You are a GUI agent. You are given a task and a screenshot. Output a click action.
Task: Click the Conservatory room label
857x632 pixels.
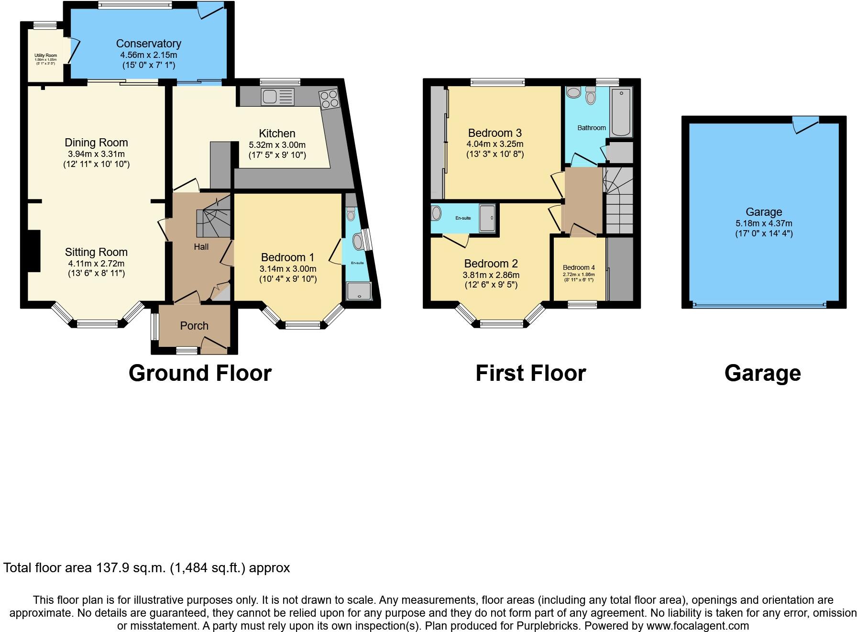148,44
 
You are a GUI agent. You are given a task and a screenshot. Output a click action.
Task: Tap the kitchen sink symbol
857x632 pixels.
277,97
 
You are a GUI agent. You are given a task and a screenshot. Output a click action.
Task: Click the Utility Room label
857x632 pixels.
45,56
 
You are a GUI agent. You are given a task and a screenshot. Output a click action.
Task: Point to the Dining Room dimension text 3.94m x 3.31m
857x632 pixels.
96,154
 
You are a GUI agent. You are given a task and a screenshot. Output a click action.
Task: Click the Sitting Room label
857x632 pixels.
96,252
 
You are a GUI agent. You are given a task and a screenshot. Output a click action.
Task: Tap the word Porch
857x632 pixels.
194,326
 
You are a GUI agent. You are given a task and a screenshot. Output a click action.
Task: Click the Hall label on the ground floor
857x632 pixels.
201,247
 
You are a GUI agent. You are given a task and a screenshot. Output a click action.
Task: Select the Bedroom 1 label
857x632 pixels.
287,257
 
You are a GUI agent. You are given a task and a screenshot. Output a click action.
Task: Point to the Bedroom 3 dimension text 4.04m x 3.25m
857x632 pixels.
494,144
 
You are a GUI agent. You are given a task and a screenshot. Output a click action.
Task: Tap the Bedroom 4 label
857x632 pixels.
579,267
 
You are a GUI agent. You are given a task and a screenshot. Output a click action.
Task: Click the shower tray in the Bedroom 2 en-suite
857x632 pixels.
487,218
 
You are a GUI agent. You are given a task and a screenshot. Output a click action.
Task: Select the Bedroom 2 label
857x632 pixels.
491,264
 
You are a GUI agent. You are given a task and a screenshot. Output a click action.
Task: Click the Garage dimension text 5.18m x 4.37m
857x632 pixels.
764,223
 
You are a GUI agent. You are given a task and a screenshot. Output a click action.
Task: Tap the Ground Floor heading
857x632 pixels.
200,373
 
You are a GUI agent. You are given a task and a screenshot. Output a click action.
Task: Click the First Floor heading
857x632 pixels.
530,373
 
